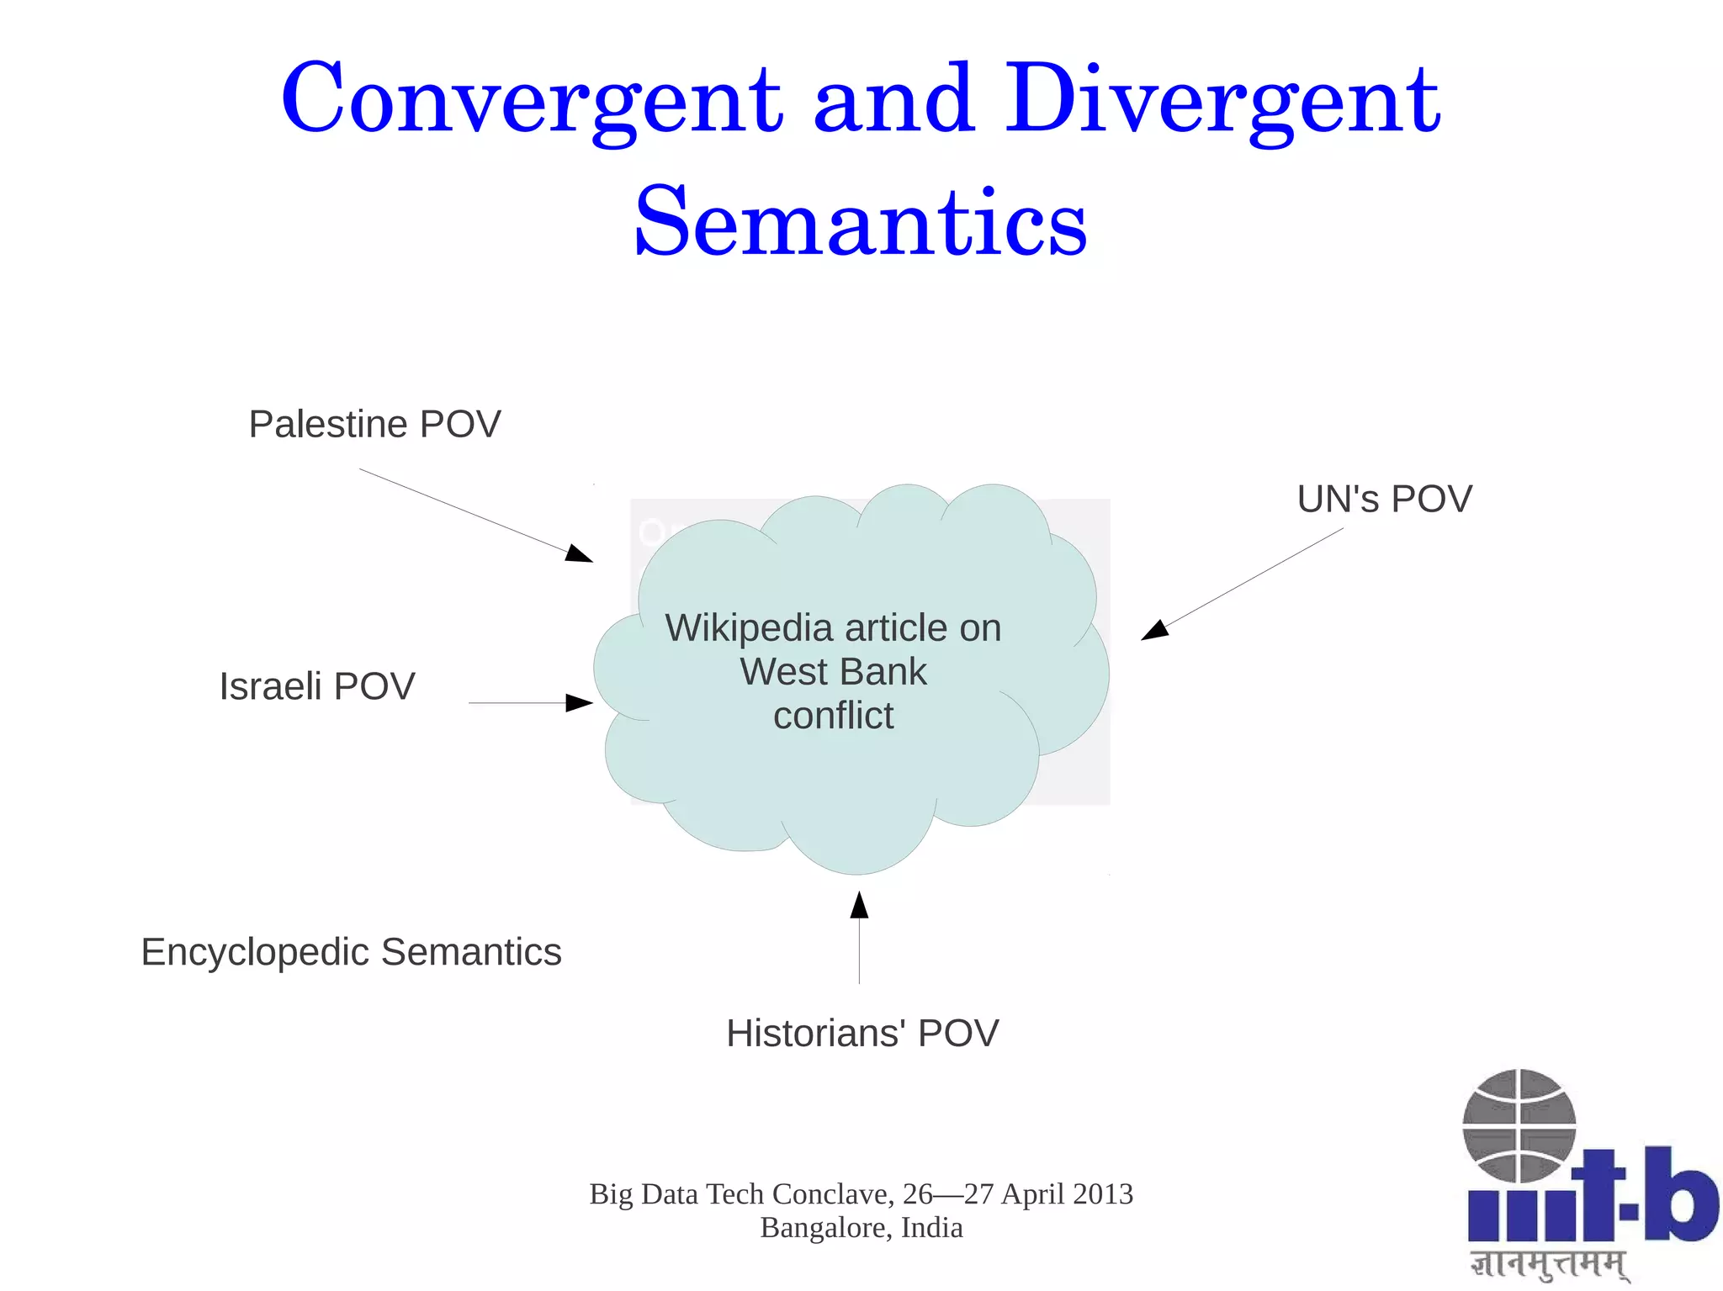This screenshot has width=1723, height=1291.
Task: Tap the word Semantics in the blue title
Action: point(860,224)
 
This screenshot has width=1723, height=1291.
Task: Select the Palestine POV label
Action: point(374,424)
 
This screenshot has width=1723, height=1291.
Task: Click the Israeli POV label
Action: point(317,686)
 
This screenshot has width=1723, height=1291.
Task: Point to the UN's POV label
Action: point(1384,499)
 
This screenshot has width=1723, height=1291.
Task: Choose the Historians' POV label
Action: point(862,1033)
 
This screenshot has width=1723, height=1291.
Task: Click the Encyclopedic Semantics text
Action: point(351,952)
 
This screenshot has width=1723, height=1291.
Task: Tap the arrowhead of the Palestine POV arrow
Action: point(581,554)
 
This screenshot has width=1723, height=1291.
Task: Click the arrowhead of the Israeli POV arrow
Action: point(580,702)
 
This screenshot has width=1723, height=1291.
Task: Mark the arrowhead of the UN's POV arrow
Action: point(1153,630)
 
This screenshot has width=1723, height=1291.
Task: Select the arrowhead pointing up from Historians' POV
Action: point(859,905)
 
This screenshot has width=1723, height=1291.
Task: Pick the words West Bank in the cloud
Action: point(833,672)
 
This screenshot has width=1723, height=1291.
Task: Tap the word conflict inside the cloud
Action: point(833,716)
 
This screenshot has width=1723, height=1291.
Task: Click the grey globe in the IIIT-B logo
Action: point(1519,1125)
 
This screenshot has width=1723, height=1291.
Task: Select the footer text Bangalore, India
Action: point(861,1228)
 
